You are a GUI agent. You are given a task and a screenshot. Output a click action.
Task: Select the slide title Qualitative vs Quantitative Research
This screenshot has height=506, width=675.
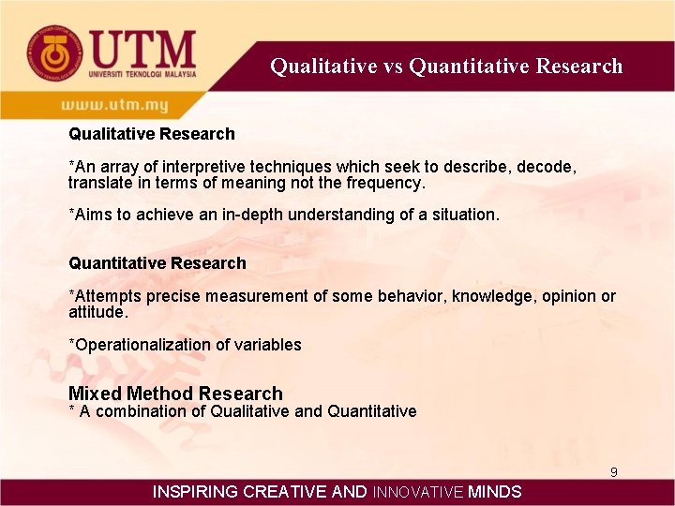[x=446, y=66]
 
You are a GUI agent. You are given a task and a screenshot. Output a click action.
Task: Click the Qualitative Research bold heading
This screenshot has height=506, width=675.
[x=152, y=134]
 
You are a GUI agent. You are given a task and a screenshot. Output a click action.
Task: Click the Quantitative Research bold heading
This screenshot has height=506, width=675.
[x=157, y=263]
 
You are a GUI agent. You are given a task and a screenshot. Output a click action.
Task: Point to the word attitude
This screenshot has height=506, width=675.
[x=97, y=311]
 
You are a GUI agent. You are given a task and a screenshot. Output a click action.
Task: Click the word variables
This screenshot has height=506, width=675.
[x=269, y=345]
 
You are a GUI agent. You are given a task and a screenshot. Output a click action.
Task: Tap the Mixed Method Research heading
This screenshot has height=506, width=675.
[x=175, y=394]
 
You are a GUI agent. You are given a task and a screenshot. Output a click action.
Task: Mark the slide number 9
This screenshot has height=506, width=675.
[x=614, y=472]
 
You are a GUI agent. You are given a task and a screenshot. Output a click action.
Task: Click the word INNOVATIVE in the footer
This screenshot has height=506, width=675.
[x=418, y=492]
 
